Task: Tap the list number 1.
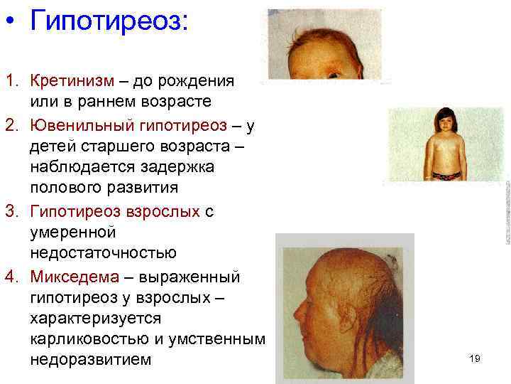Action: click(9, 80)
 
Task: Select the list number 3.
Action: click(9, 212)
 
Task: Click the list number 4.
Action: click(9, 275)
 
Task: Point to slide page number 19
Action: click(475, 358)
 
